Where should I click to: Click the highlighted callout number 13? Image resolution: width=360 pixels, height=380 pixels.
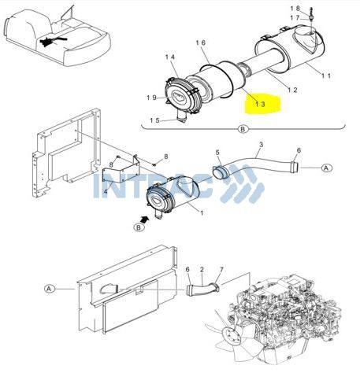point(260,104)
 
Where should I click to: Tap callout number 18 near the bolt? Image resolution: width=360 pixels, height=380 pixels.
point(295,9)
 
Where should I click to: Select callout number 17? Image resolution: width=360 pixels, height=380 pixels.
point(295,18)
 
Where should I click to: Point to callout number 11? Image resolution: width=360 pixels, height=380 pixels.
point(326,76)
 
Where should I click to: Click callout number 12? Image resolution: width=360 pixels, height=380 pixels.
point(292,90)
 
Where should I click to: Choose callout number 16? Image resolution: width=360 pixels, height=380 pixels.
point(201,42)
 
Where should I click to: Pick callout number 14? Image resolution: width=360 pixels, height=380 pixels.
point(170,57)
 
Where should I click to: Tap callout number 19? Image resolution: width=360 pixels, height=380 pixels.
point(151,98)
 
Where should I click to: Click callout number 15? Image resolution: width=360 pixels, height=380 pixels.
point(154,120)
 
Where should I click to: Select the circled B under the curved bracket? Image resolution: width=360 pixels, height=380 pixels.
point(243,129)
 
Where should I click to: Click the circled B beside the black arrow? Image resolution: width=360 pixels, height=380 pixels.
point(139,227)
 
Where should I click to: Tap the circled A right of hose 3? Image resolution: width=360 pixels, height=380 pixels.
point(326,168)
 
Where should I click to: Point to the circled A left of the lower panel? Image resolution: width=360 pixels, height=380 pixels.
point(49,289)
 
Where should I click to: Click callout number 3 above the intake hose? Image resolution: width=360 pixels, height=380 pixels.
point(261,145)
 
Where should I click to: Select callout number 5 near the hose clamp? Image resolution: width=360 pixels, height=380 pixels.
point(217,153)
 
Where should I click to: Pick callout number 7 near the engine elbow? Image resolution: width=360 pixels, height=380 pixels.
point(221,270)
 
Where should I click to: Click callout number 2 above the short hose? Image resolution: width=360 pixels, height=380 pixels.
point(202,269)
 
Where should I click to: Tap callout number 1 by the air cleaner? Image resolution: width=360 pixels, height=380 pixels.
point(202,213)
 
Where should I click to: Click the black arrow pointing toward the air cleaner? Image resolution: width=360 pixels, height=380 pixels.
point(145,219)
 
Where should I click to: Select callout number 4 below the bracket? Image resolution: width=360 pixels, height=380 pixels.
point(106,191)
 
